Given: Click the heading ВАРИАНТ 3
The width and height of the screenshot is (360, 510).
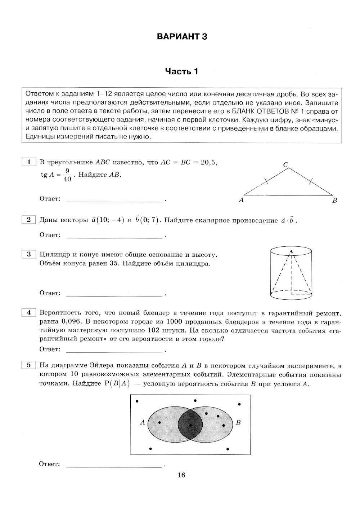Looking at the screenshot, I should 182,37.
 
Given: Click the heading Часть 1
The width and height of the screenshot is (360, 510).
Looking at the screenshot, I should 181,71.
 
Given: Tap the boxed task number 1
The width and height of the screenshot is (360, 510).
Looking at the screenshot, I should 29,162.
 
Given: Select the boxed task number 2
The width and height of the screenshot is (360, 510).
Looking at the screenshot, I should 29,220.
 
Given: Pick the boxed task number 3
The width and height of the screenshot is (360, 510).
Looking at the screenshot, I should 29,254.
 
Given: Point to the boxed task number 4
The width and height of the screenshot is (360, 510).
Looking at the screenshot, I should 29,312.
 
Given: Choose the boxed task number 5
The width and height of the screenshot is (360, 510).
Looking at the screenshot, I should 29,365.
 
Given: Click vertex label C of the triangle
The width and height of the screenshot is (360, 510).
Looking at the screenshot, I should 285,165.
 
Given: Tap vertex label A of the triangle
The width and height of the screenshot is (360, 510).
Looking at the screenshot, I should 241,200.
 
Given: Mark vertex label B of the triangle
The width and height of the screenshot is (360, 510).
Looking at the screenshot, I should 334,201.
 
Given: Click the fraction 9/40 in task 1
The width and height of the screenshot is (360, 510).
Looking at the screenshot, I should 67,175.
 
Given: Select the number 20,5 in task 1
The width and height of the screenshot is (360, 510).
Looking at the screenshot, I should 209,162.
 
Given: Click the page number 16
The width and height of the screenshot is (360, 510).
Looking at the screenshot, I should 181,475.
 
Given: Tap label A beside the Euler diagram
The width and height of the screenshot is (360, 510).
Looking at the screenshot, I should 142,422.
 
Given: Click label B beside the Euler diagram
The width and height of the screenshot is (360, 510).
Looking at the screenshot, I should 238,422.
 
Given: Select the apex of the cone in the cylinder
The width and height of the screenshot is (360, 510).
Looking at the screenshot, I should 291,251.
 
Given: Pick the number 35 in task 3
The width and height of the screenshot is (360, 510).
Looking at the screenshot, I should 113,263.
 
